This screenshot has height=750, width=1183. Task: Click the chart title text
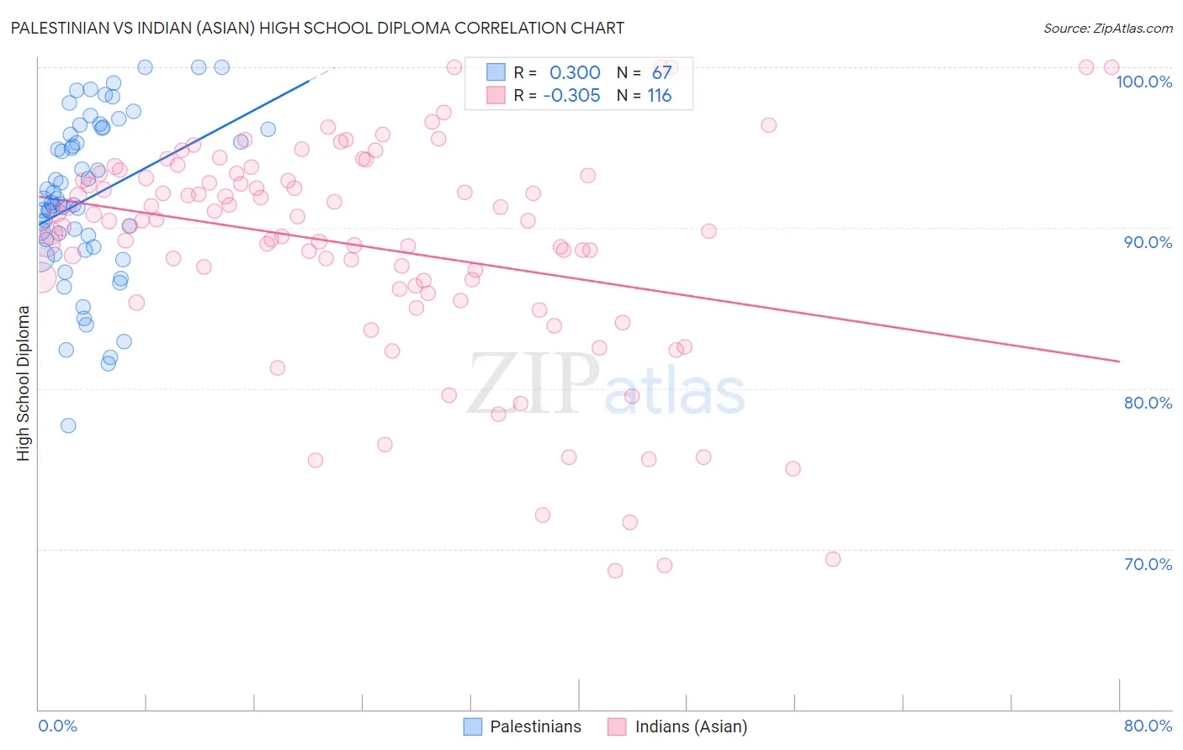click(x=317, y=28)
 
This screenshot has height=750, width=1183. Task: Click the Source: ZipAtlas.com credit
click(x=1107, y=28)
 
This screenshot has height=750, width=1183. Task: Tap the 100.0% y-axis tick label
click(x=1143, y=82)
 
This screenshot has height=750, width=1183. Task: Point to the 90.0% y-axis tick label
click(x=1148, y=242)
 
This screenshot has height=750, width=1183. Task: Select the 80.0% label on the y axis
click(x=1148, y=403)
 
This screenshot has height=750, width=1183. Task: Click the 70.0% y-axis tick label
click(x=1148, y=564)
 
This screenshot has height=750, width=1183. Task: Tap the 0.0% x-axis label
click(x=57, y=726)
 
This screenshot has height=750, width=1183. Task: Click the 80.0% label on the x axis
click(x=1148, y=726)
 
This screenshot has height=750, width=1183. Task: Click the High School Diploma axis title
click(x=24, y=383)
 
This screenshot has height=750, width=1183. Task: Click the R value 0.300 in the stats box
click(x=575, y=72)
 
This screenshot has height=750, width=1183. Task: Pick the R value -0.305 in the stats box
click(x=571, y=95)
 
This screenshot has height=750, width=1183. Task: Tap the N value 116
click(x=660, y=95)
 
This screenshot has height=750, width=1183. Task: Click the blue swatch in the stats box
click(x=496, y=72)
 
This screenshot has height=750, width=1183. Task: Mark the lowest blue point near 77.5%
click(x=68, y=425)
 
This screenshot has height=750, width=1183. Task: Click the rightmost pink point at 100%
click(x=1111, y=67)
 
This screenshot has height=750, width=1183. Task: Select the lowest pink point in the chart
click(x=615, y=570)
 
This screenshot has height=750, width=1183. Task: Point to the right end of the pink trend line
click(x=1119, y=361)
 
